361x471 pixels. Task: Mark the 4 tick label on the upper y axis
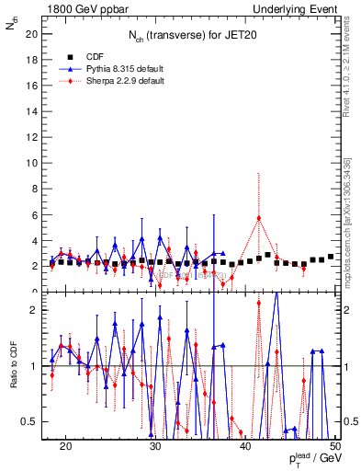click(x=36, y=240)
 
